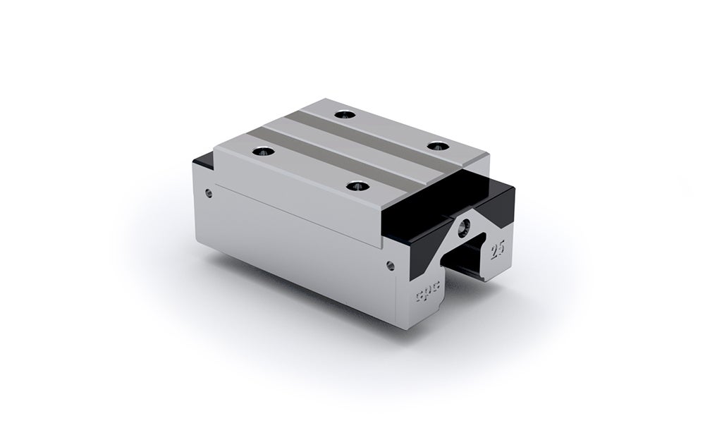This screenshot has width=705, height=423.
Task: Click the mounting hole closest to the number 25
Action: tap(441, 146)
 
